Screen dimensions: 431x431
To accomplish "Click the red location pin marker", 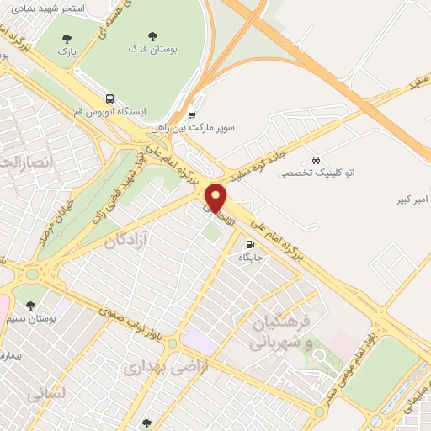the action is [216, 197].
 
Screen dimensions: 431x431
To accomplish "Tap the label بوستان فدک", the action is [152, 51].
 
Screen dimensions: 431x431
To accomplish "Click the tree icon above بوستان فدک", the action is [152, 36].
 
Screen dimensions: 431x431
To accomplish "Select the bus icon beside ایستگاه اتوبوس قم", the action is [110, 98].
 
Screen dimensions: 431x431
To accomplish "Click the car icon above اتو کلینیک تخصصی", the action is [316, 159].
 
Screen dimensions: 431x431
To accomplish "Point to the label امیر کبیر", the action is [413, 200].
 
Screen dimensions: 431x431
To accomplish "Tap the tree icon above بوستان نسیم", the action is [30, 305].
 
